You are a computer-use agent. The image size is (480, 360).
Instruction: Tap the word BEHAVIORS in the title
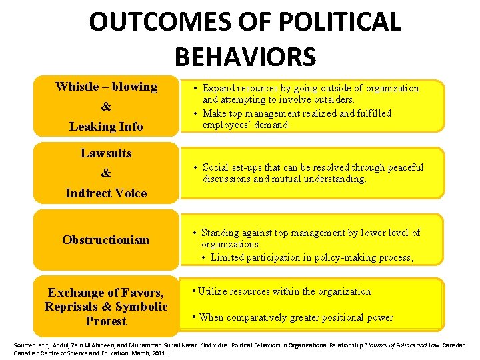(x=245, y=57)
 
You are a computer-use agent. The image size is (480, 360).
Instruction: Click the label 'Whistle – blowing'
(x=106, y=87)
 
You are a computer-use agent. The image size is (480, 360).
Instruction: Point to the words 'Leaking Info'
(x=106, y=127)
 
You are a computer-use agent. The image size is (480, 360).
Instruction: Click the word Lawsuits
(x=106, y=153)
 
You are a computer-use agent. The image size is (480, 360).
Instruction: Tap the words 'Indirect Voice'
(x=106, y=193)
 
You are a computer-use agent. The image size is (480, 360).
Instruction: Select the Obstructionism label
(x=106, y=240)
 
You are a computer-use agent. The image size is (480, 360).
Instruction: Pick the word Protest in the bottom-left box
(x=106, y=321)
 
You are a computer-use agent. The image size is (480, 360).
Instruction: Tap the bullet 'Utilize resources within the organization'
(x=284, y=291)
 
